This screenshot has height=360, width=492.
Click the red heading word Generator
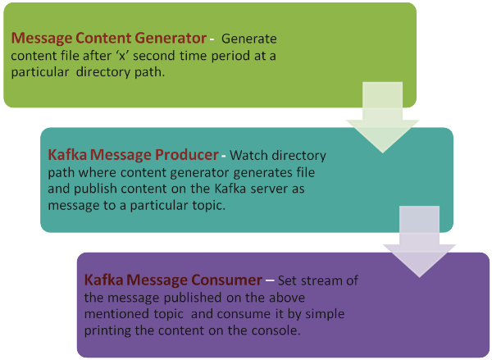[171, 39]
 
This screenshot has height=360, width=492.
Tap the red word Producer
[187, 154]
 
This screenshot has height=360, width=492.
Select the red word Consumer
[227, 280]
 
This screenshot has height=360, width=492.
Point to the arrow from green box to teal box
[382, 118]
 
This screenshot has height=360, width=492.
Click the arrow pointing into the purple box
[420, 242]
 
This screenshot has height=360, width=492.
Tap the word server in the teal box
[269, 189]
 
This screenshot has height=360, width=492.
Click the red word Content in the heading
[103, 39]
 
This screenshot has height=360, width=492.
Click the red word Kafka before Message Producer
[67, 154]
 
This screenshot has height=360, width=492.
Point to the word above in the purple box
[288, 297]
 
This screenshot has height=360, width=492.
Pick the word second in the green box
[154, 56]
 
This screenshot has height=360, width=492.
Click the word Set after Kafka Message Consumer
[288, 280]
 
